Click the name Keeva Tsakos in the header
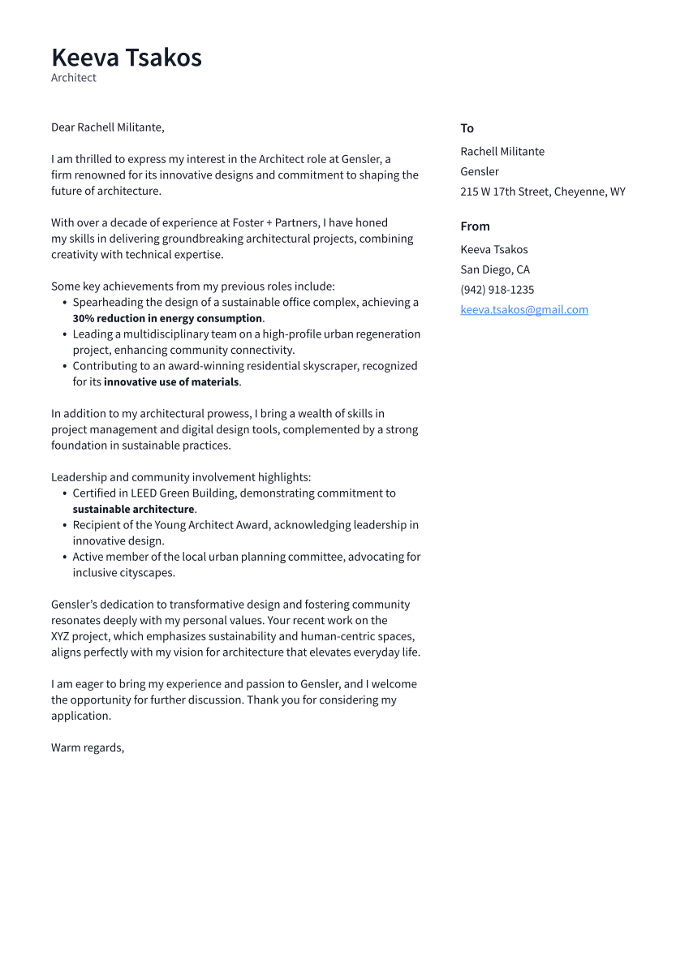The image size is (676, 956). coord(127,58)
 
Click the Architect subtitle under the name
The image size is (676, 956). coord(74,78)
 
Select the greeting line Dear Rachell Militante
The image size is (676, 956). coord(108,127)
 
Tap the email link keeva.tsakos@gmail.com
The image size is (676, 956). coord(524,310)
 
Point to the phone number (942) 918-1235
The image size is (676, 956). coord(497,290)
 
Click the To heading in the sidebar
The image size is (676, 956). coord(467,128)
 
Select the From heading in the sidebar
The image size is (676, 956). coord(475,226)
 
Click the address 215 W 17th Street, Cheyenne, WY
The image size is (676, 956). coord(542,192)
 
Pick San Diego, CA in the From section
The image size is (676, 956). coord(495,269)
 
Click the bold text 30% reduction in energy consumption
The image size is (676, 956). coord(167,318)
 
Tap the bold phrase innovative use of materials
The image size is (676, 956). coord(171,382)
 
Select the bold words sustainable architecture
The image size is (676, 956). coord(133,510)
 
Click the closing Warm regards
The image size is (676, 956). coord(88,747)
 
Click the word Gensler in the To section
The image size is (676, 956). coord(480,171)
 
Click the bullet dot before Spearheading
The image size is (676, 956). coord(65,303)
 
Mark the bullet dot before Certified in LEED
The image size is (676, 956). coord(65,493)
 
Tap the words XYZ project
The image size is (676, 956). coord(84,636)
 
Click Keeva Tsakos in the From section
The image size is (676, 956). coord(493,249)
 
